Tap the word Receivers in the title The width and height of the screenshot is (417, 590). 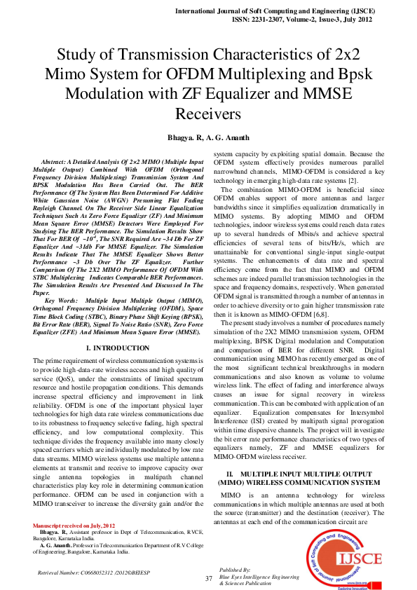click(x=208, y=113)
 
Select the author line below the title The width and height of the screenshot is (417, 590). click(x=208, y=136)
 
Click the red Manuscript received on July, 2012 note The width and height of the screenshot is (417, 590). click(x=74, y=525)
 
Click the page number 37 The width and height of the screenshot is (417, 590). click(x=208, y=578)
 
